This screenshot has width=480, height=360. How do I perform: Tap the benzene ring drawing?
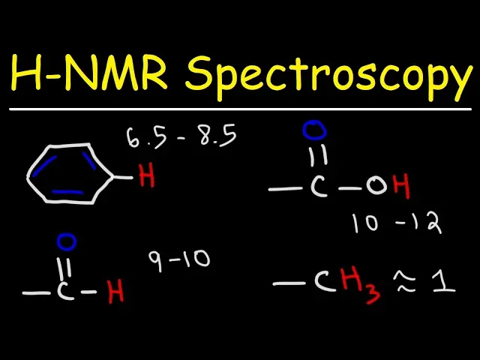[x=70, y=175]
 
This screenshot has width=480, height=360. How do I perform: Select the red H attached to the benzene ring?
[x=146, y=178]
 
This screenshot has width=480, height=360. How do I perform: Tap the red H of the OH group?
[x=402, y=187]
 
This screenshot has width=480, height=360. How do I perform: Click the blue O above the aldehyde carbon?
[x=67, y=242]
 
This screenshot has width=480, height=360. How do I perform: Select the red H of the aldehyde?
[x=115, y=292]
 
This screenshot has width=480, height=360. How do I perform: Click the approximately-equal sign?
[x=409, y=283]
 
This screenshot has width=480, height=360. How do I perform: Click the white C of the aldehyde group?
[x=65, y=292]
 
